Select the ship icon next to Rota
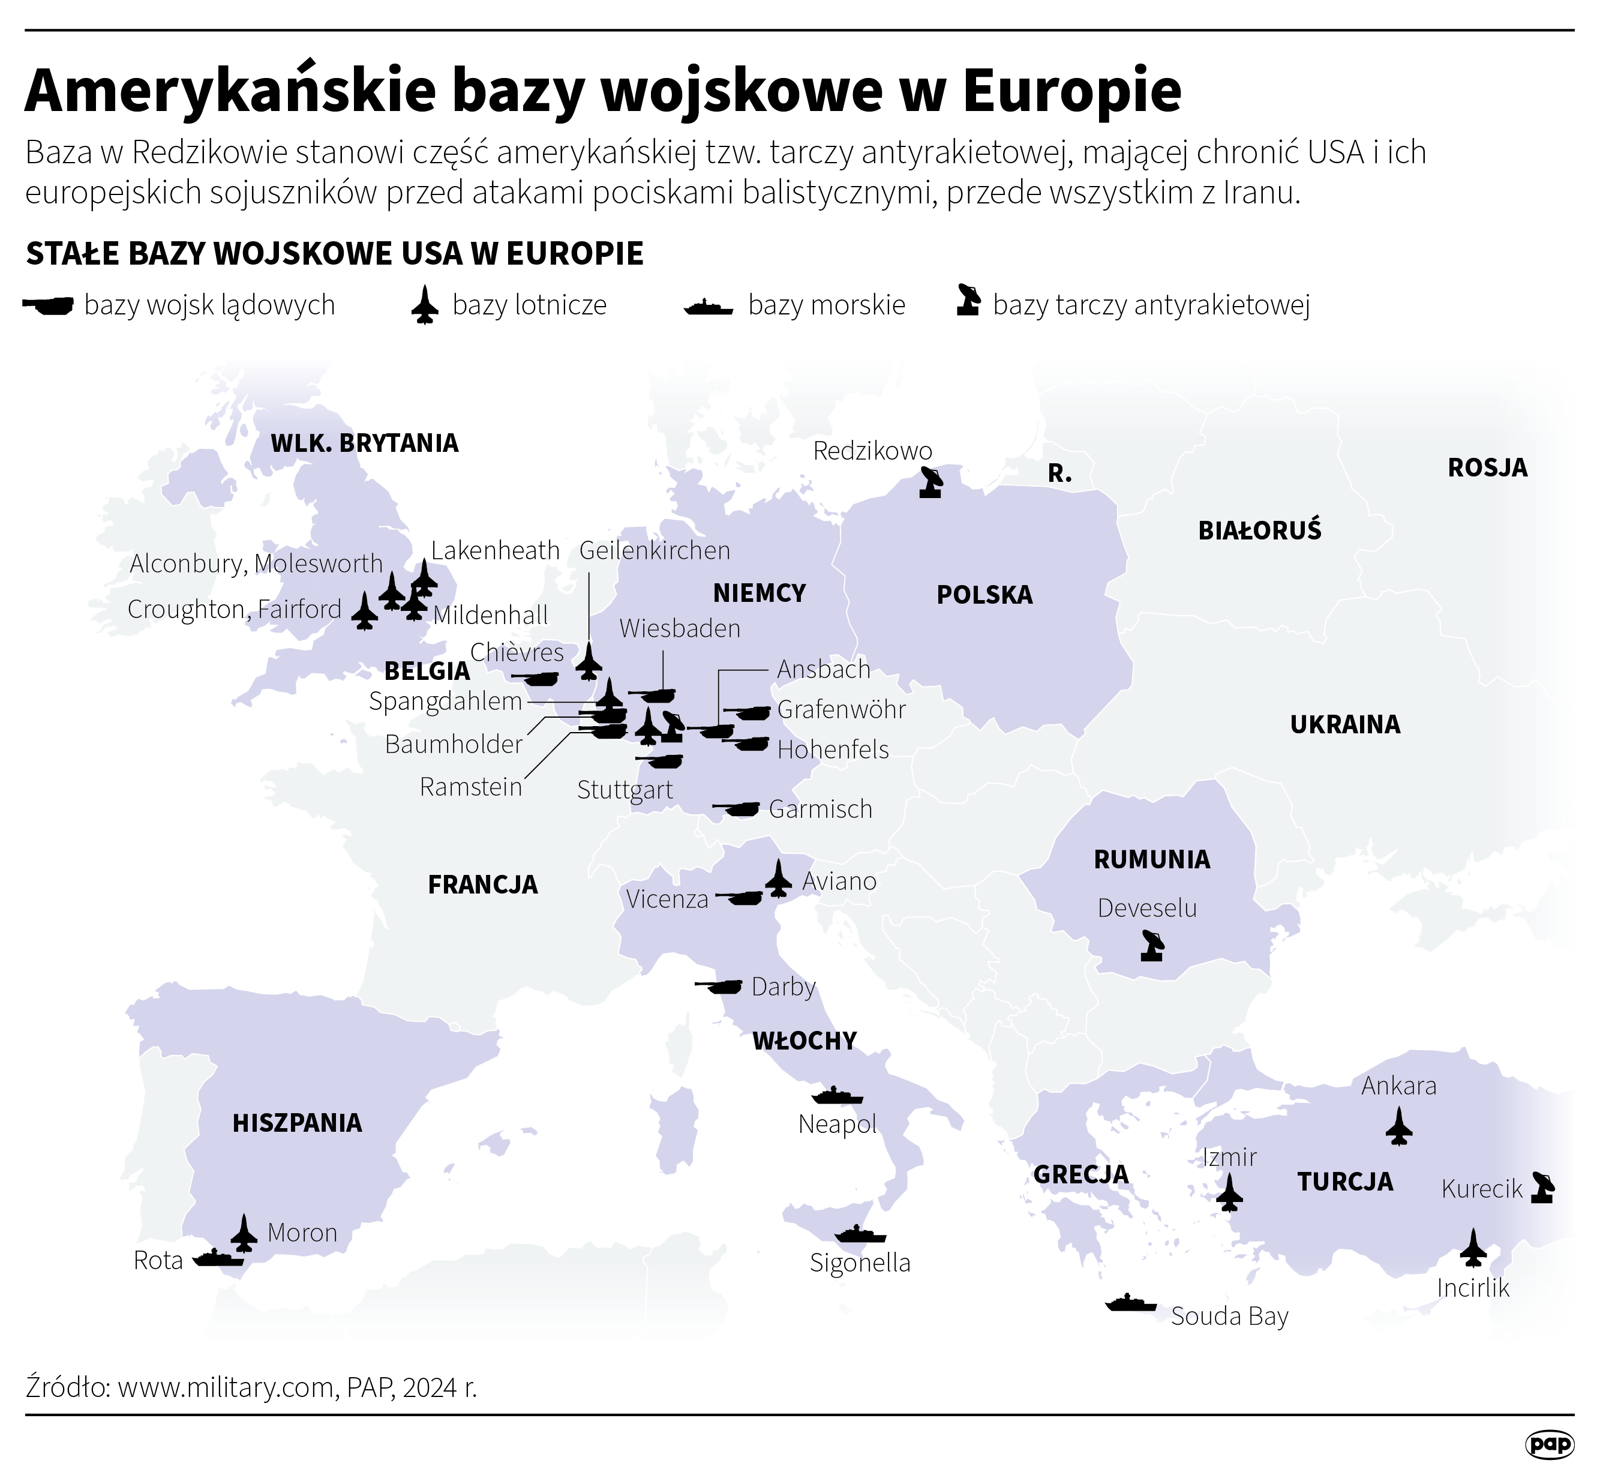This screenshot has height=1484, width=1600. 218,1258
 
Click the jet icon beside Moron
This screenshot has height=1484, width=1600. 244,1233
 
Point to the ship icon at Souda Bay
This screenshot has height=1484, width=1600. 1130,1303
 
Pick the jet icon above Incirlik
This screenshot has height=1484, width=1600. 1473,1247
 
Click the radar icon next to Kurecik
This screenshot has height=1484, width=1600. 1542,1187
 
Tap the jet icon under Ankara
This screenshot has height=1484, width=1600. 1398,1126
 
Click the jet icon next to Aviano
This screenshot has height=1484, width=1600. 778,879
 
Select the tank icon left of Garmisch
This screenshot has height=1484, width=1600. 737,809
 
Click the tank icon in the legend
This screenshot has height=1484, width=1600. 50,305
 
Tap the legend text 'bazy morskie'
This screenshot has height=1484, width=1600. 826,305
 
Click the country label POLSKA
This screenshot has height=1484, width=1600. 984,595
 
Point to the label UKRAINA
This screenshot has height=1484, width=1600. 1344,724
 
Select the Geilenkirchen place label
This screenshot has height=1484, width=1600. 655,551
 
